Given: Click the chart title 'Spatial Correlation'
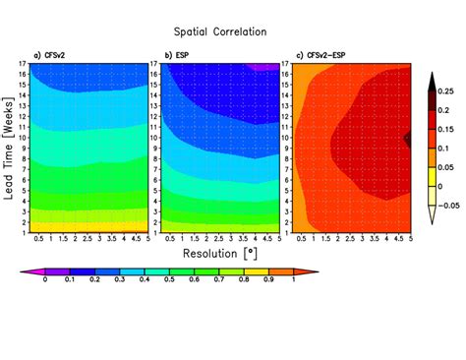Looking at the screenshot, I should tap(233, 31).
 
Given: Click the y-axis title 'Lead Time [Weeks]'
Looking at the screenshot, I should tap(9, 148).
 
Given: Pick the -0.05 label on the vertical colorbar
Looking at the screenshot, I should tap(447, 205).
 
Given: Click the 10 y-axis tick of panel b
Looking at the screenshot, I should tap(153, 138).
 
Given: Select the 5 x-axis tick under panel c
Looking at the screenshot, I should tap(409, 240).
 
